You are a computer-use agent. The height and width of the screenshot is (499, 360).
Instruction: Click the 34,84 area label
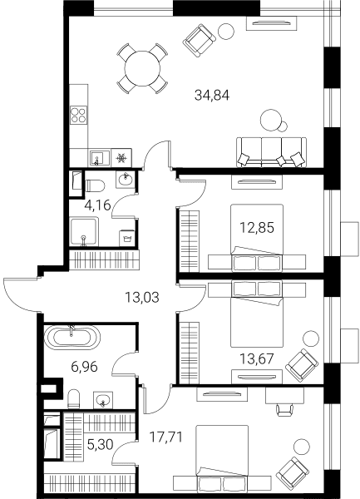(212, 95)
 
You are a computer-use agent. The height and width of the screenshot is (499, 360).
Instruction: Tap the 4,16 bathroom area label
(97, 205)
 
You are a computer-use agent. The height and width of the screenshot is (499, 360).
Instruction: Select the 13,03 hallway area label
(142, 298)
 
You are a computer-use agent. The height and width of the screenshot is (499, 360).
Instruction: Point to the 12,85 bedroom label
(257, 228)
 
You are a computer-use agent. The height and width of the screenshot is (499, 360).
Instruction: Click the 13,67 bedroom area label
(257, 359)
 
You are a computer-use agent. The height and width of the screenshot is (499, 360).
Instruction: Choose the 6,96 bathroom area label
(84, 368)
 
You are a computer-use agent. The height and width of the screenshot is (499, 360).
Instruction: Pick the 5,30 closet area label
(100, 444)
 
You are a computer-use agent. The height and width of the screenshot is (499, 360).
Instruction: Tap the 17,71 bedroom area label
(166, 437)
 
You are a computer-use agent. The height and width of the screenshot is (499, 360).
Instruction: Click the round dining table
(142, 68)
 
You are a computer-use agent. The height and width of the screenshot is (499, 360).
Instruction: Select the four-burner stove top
(78, 116)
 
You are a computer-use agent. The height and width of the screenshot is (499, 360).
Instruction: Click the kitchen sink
(99, 158)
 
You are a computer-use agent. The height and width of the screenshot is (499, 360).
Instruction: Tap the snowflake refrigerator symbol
(122, 158)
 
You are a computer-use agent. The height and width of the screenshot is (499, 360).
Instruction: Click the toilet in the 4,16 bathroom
(95, 185)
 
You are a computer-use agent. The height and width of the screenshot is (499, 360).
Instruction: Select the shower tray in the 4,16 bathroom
(84, 232)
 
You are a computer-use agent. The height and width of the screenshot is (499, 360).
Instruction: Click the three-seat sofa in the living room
(272, 152)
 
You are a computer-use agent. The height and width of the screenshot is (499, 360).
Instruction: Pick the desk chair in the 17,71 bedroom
(284, 409)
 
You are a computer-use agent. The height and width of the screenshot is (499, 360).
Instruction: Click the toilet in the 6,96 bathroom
(73, 399)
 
